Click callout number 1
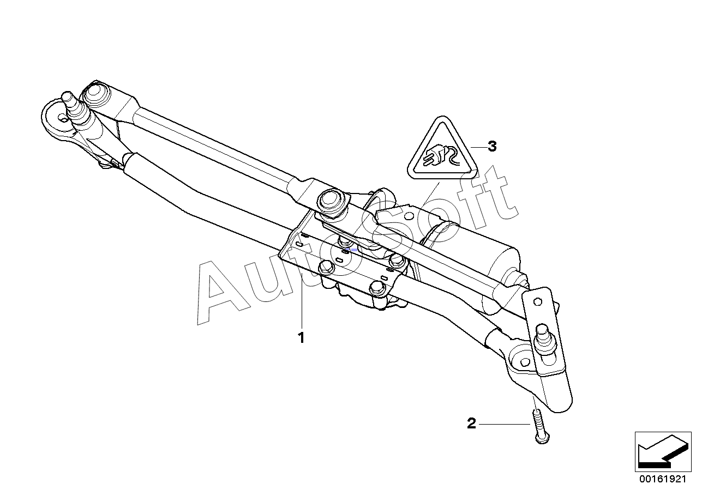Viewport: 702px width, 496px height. pyautogui.click(x=301, y=338)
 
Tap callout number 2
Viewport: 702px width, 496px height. pyautogui.click(x=471, y=424)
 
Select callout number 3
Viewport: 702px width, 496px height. pyautogui.click(x=492, y=146)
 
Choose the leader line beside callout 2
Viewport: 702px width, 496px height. pyautogui.click(x=504, y=424)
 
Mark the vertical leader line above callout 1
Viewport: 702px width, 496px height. pyautogui.click(x=302, y=296)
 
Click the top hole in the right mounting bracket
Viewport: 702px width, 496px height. pyautogui.click(x=537, y=302)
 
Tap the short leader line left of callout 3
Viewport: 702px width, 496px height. pyautogui.click(x=478, y=147)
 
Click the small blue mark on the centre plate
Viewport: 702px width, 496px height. pyautogui.click(x=354, y=250)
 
